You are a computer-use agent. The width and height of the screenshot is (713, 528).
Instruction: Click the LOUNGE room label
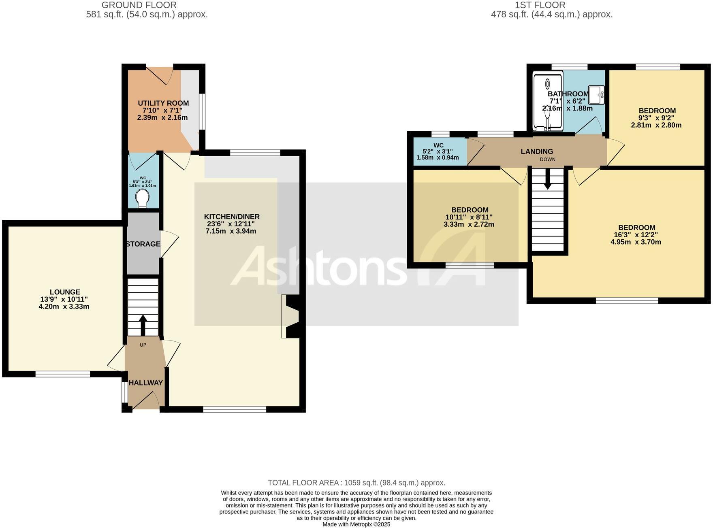click(65, 292)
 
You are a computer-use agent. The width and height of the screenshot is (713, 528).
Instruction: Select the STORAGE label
click(143, 244)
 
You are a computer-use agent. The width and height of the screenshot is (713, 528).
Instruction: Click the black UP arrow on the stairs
click(143, 324)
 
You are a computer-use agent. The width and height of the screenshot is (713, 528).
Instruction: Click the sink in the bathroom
click(596, 95)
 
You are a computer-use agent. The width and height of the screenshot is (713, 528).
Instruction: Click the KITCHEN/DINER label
click(231, 217)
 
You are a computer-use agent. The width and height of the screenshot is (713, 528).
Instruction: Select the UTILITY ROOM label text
click(163, 103)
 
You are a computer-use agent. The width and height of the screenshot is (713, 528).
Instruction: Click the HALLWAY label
click(146, 383)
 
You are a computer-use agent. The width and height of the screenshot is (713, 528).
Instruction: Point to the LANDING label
click(537, 151)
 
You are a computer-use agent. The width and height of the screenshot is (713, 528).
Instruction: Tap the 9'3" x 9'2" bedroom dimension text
click(656, 118)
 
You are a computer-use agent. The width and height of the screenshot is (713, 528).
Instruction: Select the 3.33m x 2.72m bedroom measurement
click(469, 224)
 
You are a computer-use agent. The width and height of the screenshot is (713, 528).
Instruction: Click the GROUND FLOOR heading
click(139, 5)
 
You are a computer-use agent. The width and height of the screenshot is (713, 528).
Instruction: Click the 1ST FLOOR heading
click(540, 5)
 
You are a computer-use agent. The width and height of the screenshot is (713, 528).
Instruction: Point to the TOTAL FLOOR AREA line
click(356, 483)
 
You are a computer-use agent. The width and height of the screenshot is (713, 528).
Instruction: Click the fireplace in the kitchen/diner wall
click(291, 316)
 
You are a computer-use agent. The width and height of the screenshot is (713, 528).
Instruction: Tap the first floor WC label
click(438, 145)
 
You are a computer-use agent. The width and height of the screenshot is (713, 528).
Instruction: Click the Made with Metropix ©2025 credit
click(356, 524)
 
